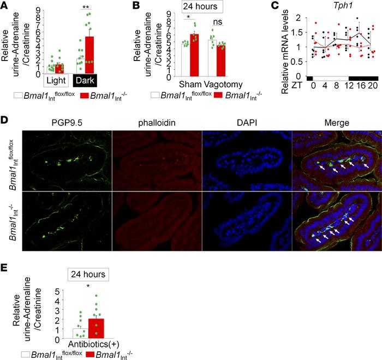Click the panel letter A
(x=5, y=6)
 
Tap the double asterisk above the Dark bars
(x=84, y=8)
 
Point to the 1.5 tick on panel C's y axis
(x=297, y=32)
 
